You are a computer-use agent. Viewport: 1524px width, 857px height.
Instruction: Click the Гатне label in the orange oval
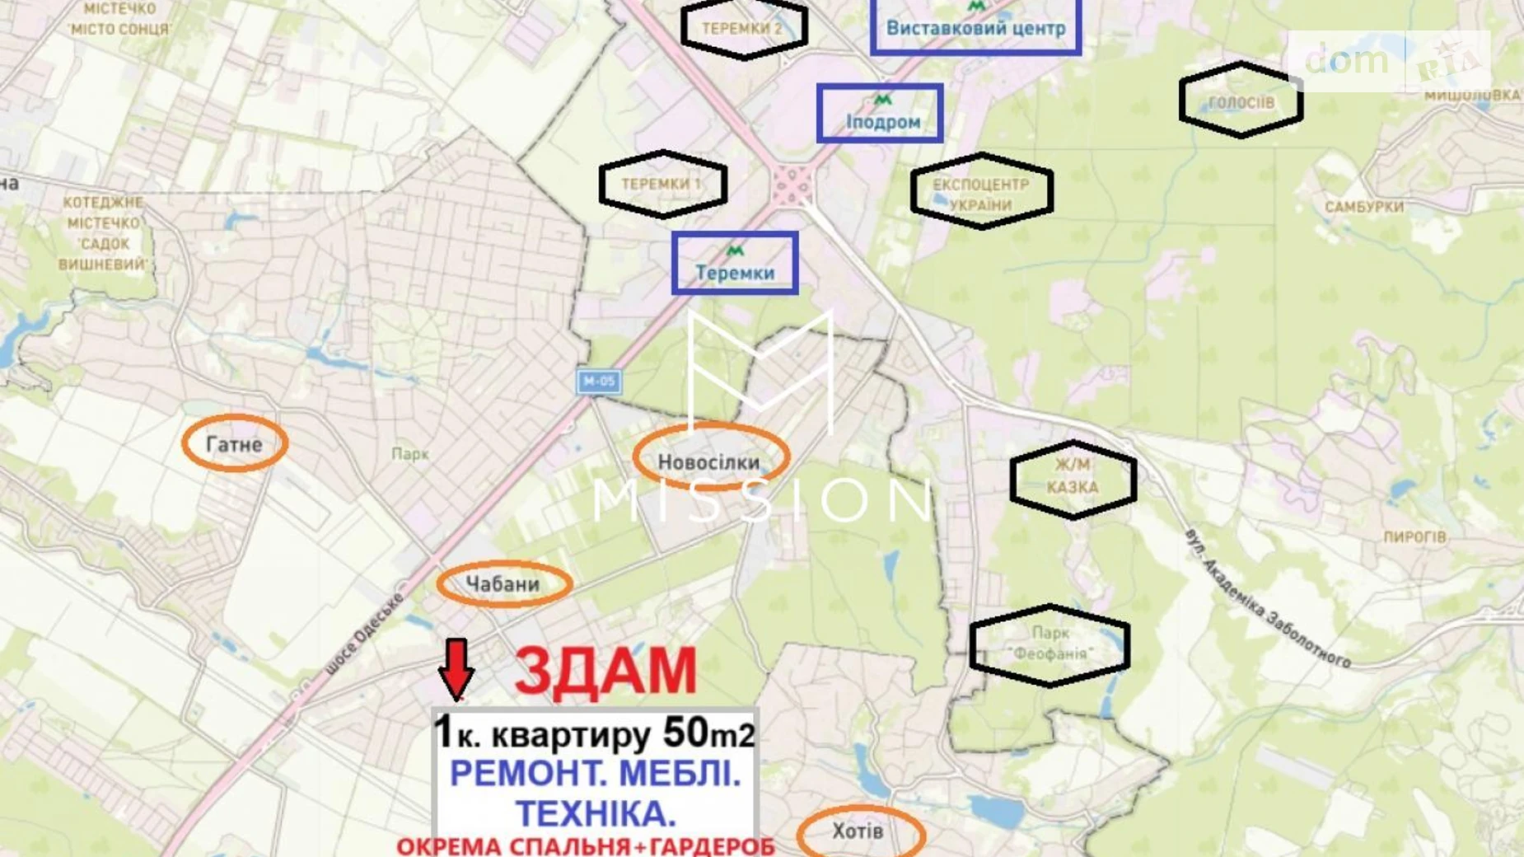(x=234, y=444)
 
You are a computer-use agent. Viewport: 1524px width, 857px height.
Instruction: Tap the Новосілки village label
(x=709, y=461)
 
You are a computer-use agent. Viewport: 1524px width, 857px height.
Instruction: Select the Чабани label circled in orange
(x=503, y=584)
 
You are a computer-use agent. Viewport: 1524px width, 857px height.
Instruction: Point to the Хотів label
(x=858, y=831)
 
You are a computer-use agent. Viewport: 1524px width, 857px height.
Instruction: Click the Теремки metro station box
(x=735, y=264)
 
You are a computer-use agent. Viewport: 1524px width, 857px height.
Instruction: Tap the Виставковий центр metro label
(x=975, y=27)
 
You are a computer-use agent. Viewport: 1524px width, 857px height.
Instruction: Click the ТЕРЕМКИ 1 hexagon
(x=662, y=184)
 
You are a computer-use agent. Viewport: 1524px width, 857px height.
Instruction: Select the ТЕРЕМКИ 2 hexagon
(x=743, y=28)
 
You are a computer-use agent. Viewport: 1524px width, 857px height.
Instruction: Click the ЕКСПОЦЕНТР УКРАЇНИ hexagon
(x=981, y=193)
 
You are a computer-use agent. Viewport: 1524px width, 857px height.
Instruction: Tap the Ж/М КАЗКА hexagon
(x=1073, y=477)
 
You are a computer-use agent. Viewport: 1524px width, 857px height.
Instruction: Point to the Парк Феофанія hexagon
(x=1050, y=644)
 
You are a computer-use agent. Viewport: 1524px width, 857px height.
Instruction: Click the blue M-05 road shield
(x=599, y=381)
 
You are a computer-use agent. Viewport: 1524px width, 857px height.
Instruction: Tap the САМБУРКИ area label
(x=1364, y=207)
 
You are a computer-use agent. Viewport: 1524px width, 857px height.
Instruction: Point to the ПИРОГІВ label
(x=1414, y=536)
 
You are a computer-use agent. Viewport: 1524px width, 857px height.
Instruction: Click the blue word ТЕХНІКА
(x=596, y=813)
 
